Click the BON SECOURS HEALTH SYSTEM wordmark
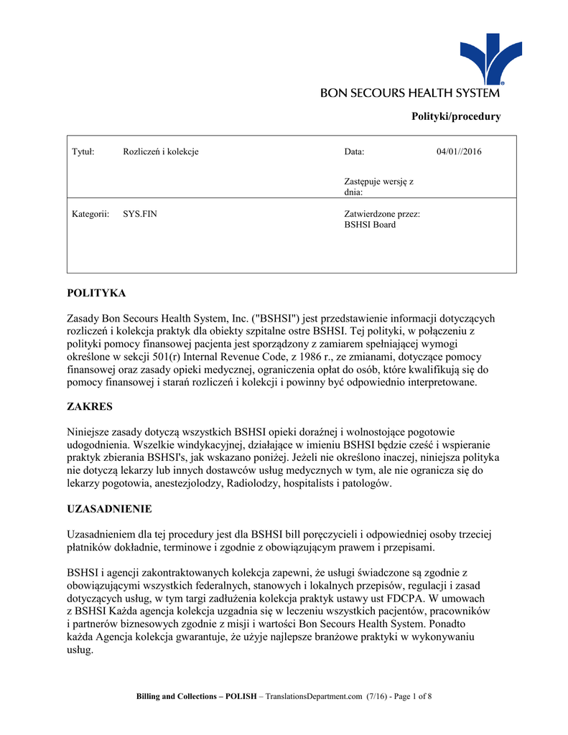(410, 93)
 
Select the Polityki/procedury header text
(455, 116)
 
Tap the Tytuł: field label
(83, 151)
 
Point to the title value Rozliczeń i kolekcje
(161, 151)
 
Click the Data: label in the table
(355, 151)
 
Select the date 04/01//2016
(459, 151)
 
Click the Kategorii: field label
(90, 214)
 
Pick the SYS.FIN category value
(140, 214)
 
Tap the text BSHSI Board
(370, 225)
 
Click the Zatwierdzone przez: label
(382, 214)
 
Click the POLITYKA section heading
(96, 294)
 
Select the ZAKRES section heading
(90, 407)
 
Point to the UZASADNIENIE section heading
(109, 509)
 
